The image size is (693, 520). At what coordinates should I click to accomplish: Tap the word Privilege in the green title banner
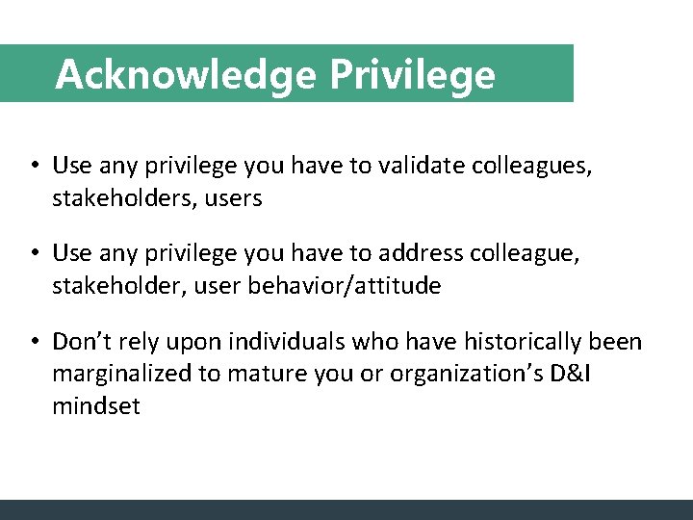(413, 74)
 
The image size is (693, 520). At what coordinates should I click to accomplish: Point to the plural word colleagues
(532, 166)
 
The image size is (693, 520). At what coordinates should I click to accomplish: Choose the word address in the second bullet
(423, 253)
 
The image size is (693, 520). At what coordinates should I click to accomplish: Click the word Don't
(78, 342)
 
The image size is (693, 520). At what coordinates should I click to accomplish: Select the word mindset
(96, 406)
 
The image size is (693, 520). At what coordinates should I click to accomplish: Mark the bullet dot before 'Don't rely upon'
(34, 342)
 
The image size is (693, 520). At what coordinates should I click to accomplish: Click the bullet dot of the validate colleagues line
(34, 166)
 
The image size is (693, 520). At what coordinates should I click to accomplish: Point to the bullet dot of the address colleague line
(34, 253)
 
